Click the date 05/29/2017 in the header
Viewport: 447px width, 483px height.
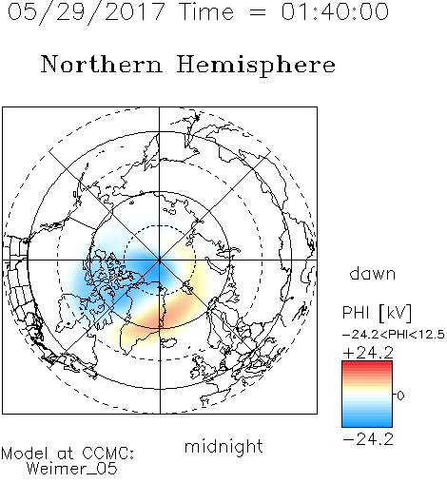[86, 12]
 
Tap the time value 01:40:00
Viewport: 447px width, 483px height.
[335, 12]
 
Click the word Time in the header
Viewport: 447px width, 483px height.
[206, 12]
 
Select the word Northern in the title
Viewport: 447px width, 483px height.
[102, 64]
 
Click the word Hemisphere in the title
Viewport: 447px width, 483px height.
[256, 66]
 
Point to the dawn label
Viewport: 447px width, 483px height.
[373, 273]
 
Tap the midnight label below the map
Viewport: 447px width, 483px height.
[223, 446]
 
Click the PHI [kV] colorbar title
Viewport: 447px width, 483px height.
[377, 313]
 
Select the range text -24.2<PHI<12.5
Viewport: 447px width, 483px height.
[394, 335]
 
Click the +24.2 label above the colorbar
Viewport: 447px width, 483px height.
[368, 353]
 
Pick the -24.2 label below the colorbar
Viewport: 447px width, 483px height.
[368, 439]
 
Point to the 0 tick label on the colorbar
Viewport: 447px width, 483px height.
[400, 396]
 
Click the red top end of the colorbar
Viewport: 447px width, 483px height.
[367, 363]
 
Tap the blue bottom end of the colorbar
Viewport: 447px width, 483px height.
[367, 424]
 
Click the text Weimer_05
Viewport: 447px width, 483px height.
[72, 469]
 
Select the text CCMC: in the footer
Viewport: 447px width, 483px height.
[107, 454]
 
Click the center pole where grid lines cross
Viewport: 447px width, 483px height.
[160, 261]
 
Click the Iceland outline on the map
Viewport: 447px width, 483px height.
[169, 342]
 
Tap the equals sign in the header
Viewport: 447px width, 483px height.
[258, 12]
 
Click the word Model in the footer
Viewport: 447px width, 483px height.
[25, 454]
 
